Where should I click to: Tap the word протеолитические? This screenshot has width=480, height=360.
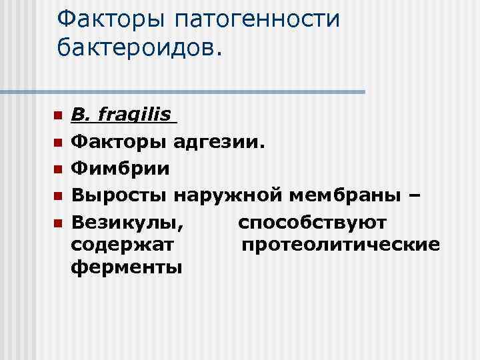coord(340,245)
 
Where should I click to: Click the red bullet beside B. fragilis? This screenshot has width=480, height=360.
coord(58,116)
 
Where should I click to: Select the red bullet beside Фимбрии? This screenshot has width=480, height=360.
coord(58,169)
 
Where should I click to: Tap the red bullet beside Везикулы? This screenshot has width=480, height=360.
coord(58,221)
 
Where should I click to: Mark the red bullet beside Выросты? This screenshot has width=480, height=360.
coord(58,195)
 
